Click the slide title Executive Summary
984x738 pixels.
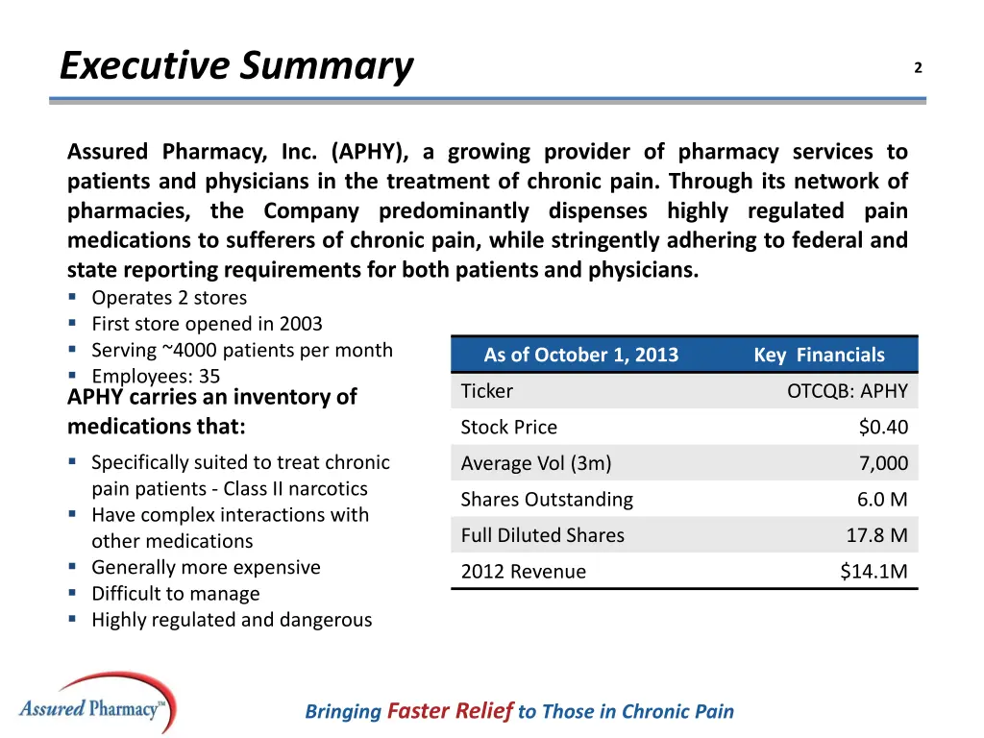(x=236, y=66)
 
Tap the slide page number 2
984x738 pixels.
(x=918, y=67)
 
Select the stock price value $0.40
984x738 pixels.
(x=883, y=428)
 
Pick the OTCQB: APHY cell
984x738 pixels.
(x=847, y=391)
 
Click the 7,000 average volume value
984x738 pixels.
(x=883, y=463)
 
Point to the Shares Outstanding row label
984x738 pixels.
(x=547, y=500)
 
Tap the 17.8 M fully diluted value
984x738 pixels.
(x=871, y=535)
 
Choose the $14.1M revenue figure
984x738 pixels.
(x=873, y=572)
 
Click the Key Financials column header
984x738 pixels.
(x=819, y=355)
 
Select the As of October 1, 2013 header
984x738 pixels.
(x=580, y=355)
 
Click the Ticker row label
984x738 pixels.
(x=487, y=391)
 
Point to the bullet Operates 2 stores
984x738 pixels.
(x=169, y=298)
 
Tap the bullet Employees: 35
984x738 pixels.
(x=156, y=377)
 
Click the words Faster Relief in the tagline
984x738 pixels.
(x=450, y=711)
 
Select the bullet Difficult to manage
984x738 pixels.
(x=175, y=594)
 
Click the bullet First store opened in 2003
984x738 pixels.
(x=207, y=324)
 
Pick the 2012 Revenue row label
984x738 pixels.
(x=523, y=572)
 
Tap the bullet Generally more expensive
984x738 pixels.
(x=206, y=568)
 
